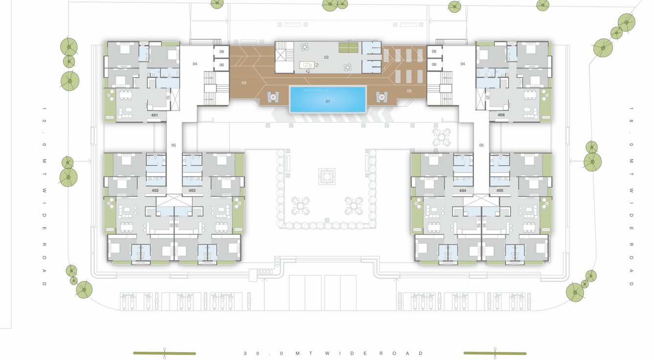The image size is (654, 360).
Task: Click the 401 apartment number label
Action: point(154,115)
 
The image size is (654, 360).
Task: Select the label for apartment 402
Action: point(155,190)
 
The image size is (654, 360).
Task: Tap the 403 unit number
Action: point(192,190)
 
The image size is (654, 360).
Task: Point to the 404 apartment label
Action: point(463,190)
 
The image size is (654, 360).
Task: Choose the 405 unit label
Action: point(500,190)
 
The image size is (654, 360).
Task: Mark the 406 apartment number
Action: point(501,115)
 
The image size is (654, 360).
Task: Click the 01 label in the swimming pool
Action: point(328,101)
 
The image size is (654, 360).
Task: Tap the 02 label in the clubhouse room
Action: point(327,57)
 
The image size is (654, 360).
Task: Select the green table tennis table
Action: point(348,48)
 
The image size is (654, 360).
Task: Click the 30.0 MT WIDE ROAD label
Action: point(334,353)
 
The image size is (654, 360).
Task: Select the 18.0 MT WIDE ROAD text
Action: point(631,196)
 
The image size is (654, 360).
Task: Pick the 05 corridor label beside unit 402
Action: point(173,145)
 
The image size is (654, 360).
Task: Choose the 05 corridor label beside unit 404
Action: point(481,145)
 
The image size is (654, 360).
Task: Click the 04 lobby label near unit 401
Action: point(194,64)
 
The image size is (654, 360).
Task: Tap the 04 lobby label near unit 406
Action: point(462,64)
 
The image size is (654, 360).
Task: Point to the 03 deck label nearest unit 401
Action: point(244,83)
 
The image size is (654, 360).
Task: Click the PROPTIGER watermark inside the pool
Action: point(313,90)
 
